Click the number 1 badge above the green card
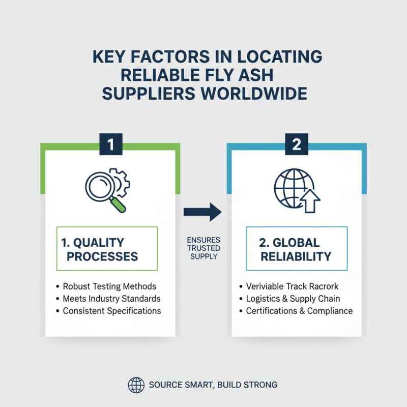(111, 144)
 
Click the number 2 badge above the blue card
(297, 144)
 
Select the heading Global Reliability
(296, 249)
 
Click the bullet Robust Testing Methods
(109, 286)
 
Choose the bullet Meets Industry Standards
(111, 298)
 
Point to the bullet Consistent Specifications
(111, 310)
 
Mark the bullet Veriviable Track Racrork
(292, 286)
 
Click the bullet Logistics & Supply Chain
(293, 298)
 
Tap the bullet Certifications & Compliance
(299, 310)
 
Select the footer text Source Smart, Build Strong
(213, 385)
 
